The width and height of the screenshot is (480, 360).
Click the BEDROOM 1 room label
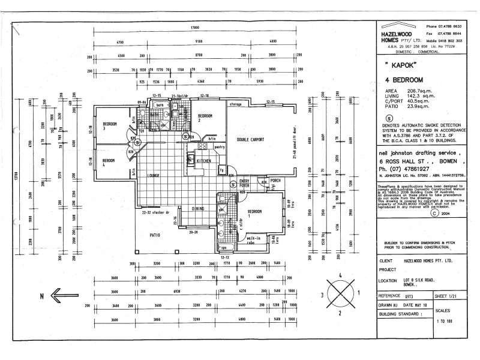point(254,212)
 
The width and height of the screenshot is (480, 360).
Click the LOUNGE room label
point(152,175)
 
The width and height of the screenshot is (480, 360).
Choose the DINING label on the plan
point(198,209)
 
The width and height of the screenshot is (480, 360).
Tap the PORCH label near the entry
point(275,180)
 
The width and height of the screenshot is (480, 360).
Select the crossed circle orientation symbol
point(340,294)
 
